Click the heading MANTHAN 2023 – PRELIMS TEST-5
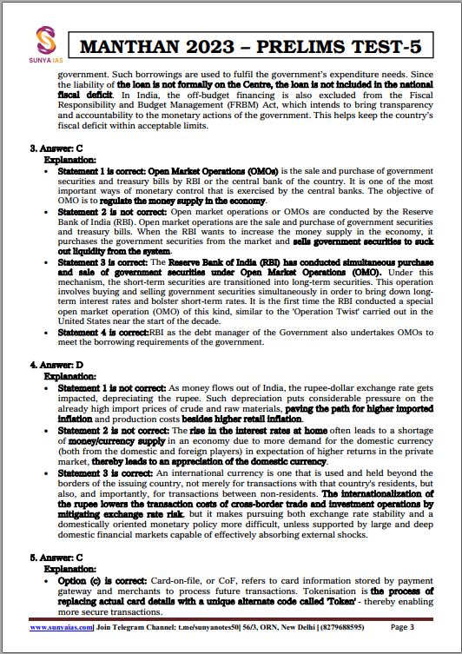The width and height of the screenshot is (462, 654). [266, 48]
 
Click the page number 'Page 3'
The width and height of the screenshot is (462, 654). [408, 626]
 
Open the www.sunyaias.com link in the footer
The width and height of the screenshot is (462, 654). [64, 626]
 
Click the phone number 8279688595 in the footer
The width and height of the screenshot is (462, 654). [345, 626]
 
